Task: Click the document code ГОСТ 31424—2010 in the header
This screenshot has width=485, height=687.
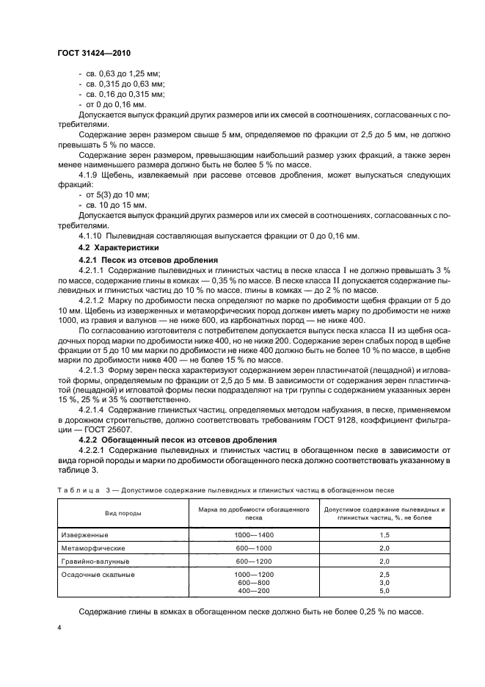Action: pyautogui.click(x=93, y=54)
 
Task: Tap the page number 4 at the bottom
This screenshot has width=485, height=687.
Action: pyautogui.click(x=59, y=629)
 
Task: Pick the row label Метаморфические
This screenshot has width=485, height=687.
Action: pyautogui.click(x=93, y=548)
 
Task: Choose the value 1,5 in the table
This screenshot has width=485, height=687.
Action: pyautogui.click(x=383, y=536)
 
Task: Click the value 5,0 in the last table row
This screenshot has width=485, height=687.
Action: pyautogui.click(x=383, y=590)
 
